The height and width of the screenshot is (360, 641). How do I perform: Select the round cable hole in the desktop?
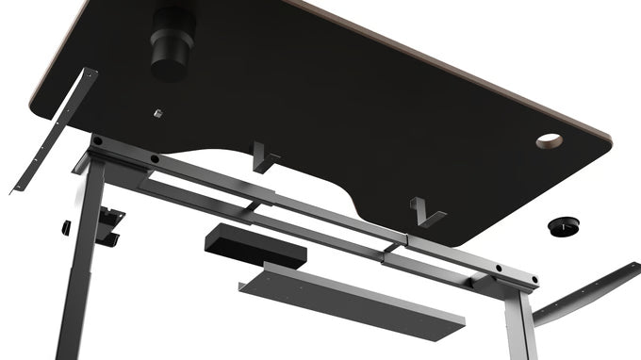(x=549, y=141)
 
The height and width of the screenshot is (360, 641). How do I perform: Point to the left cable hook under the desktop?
(x=265, y=156)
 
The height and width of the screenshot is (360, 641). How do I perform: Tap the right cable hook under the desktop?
(x=426, y=212)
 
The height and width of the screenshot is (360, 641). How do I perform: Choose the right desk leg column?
(x=515, y=320)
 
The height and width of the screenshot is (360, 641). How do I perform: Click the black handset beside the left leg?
(x=113, y=222)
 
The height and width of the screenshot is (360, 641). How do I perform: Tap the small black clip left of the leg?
(x=67, y=227)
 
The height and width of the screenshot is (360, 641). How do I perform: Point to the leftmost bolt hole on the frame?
(x=98, y=141)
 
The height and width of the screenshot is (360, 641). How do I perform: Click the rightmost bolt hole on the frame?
(x=534, y=281)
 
